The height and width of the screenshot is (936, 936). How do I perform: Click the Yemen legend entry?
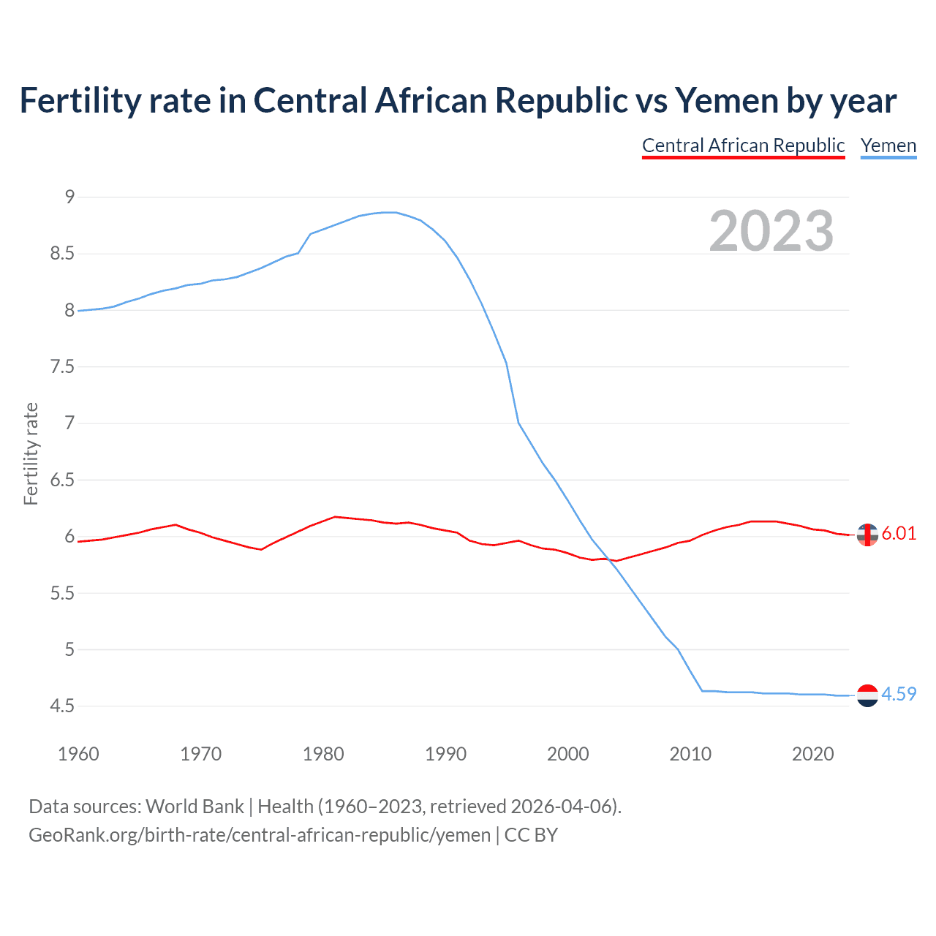tap(888, 146)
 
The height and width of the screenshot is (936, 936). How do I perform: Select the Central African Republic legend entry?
tap(743, 146)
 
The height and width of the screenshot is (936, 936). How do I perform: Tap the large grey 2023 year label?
tap(771, 231)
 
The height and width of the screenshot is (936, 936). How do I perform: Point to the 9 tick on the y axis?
tap(69, 197)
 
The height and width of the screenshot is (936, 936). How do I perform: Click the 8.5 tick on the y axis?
tap(62, 254)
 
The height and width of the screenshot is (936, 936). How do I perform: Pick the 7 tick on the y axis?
tap(69, 423)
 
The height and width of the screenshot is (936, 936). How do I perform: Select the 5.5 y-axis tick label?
tap(62, 593)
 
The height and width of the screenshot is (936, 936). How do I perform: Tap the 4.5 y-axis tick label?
tap(62, 706)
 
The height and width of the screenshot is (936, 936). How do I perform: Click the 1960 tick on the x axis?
tap(78, 754)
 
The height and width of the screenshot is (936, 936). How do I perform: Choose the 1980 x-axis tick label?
tap(323, 754)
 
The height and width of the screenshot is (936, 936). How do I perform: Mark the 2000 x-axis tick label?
tap(567, 754)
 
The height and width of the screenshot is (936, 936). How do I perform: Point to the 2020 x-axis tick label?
tap(812, 754)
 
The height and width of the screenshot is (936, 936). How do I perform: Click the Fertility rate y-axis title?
tap(31, 453)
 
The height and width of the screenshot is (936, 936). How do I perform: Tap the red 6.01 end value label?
tap(899, 534)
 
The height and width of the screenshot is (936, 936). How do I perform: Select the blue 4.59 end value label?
tap(899, 695)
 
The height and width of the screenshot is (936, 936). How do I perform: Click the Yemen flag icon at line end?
tap(867, 695)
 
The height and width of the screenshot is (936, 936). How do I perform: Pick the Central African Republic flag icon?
tap(867, 535)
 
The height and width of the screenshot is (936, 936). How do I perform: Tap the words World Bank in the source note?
tap(195, 807)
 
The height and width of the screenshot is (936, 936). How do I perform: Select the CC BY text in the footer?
tap(531, 835)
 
